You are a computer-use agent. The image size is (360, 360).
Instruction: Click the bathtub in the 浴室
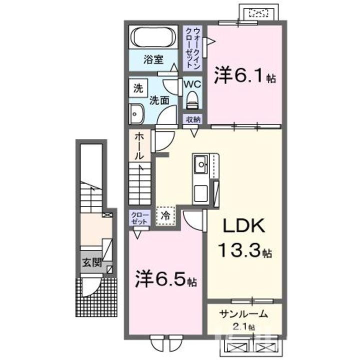(x=152, y=37)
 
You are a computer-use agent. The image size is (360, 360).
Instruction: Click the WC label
(x=192, y=84)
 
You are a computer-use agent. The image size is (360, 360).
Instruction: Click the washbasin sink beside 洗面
(x=136, y=114)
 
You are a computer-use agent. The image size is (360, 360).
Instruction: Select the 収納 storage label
(x=193, y=119)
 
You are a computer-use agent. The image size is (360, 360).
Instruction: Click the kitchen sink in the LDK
(x=200, y=163)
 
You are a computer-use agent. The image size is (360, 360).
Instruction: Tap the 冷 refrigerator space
(x=165, y=215)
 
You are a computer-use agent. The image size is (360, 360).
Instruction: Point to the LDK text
(x=244, y=227)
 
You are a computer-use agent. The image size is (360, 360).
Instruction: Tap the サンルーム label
(x=244, y=315)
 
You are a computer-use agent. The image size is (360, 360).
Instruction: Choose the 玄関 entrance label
(x=90, y=261)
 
